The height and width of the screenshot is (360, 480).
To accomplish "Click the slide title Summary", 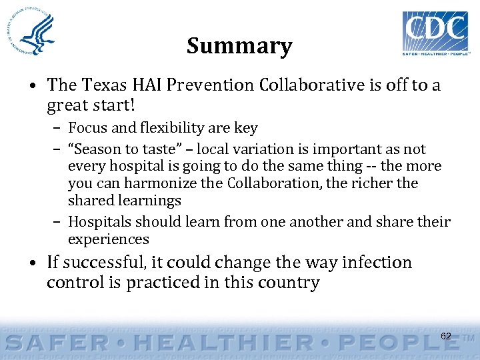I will tap(239, 46).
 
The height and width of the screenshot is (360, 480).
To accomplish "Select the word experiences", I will tap(109, 239).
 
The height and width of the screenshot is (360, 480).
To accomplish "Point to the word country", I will tap(287, 283).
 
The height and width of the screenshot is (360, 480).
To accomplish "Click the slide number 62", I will tap(446, 336).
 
